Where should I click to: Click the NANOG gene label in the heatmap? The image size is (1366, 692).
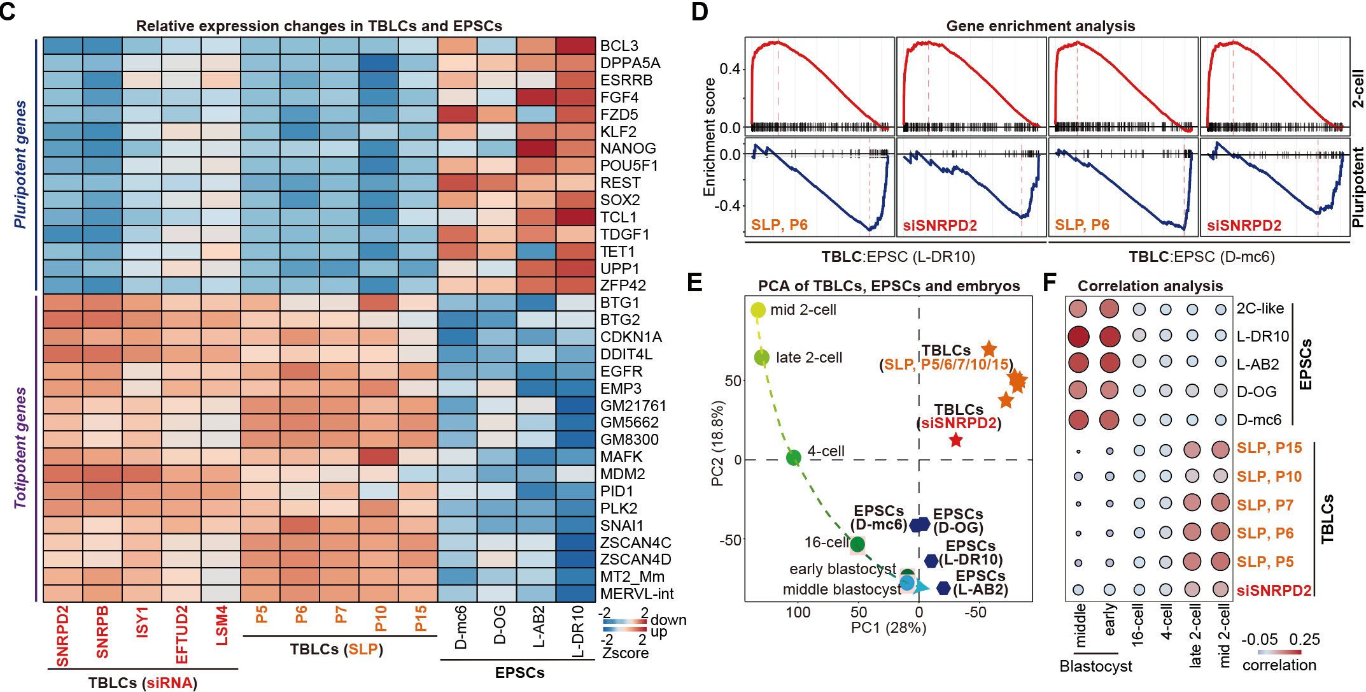(628, 148)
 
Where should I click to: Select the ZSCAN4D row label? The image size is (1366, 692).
(635, 559)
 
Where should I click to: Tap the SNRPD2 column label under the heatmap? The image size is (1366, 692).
(62, 636)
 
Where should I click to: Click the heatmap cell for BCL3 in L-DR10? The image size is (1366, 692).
(575, 46)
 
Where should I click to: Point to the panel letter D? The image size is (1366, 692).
(700, 12)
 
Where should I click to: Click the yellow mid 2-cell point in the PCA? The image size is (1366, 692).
(758, 310)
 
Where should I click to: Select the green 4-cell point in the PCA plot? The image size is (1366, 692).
(793, 458)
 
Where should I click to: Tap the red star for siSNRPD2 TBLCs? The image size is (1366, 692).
(955, 440)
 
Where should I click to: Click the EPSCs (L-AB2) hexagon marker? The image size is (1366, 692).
(944, 587)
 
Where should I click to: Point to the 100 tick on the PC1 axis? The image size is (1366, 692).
(798, 613)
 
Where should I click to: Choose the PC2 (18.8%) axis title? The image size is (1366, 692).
(717, 443)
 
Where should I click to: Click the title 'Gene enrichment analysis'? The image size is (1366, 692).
(1040, 26)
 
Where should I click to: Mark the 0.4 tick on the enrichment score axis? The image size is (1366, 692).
(729, 69)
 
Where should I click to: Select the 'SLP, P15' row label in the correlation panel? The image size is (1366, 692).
(1269, 448)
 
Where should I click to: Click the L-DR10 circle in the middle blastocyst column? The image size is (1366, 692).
(1078, 336)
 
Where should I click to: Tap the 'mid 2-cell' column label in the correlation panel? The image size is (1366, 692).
(1224, 636)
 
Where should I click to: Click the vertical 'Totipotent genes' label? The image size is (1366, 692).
(20, 447)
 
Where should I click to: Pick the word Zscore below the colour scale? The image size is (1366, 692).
(625, 653)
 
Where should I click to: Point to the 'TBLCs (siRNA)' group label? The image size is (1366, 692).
(143, 683)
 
